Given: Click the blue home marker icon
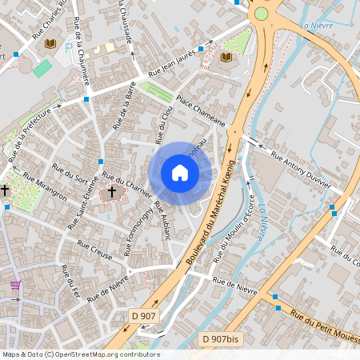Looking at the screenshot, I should (180, 173).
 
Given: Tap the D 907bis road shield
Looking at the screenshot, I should (222, 339).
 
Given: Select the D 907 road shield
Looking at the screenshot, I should (142, 317).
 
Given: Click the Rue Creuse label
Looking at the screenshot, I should (94, 252).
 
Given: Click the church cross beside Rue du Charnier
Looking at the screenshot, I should (112, 191).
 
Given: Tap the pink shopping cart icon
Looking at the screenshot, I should (14, 285).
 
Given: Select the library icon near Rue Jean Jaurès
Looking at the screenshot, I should (226, 58).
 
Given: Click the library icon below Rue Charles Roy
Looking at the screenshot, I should (50, 43).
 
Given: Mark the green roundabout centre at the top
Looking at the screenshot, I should (261, 14).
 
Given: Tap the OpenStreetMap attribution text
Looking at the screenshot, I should (80, 354).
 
